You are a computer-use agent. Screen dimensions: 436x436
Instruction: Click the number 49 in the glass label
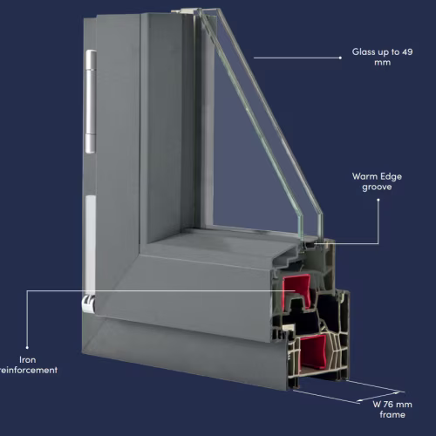click(x=407, y=52)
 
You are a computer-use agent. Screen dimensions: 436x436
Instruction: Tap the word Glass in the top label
click(x=364, y=51)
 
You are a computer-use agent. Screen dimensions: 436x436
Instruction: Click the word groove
click(x=377, y=187)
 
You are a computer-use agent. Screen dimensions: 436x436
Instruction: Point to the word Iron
click(x=28, y=359)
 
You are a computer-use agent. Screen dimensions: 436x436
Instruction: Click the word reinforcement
click(x=29, y=370)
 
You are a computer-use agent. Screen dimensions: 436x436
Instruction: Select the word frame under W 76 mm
click(x=392, y=414)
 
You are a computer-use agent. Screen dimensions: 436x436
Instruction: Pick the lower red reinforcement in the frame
click(x=313, y=351)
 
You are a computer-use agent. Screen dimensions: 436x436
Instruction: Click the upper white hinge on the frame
click(x=91, y=101)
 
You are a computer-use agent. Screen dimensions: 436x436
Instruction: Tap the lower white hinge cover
click(x=91, y=245)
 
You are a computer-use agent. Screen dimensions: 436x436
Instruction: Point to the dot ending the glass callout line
click(x=340, y=58)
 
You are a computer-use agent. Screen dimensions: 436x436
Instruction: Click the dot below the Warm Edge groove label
click(x=378, y=200)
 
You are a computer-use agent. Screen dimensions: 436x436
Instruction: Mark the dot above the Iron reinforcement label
click(x=27, y=347)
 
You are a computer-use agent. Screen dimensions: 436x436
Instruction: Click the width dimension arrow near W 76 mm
click(x=378, y=397)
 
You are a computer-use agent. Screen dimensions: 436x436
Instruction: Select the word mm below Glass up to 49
click(x=382, y=63)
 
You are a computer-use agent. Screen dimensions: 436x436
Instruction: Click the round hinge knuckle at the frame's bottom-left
click(x=89, y=304)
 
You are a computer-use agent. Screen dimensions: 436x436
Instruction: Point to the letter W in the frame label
click(x=377, y=404)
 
